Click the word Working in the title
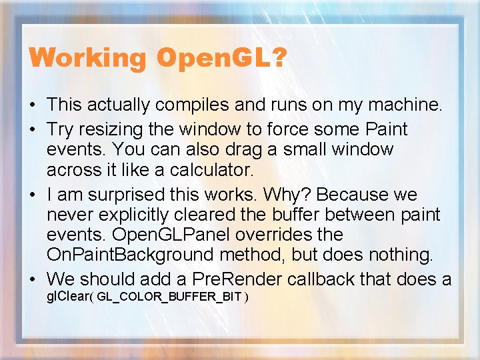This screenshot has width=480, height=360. (87, 58)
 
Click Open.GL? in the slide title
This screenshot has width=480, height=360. (221, 58)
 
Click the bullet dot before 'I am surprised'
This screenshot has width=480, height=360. (33, 195)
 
